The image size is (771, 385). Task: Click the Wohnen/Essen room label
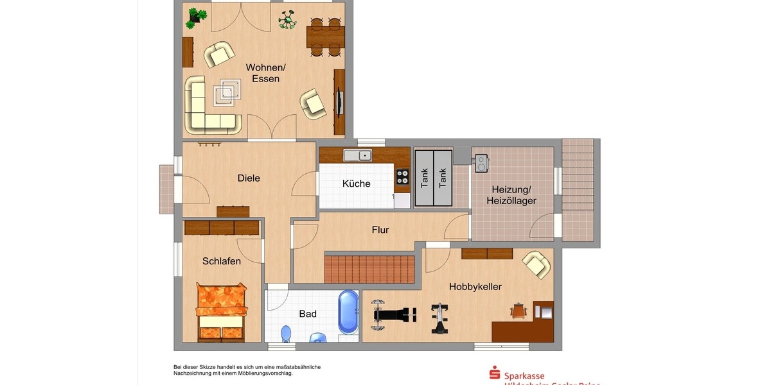point(265,73)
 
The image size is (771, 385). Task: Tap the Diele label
point(249,178)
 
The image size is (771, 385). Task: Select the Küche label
point(356,184)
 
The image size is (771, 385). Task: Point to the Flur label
point(380,230)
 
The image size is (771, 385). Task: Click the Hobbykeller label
point(475,287)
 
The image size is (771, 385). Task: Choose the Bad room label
point(308,314)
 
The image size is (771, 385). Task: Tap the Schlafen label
point(222,261)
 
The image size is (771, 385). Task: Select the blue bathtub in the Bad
point(348,312)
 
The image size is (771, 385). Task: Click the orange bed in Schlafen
point(222,311)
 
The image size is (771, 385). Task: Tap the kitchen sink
point(357,155)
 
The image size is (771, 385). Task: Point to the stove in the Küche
point(402,176)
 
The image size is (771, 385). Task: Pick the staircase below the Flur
point(369,269)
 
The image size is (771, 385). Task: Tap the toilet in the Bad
point(286,334)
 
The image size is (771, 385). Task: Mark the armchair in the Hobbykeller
point(536,264)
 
